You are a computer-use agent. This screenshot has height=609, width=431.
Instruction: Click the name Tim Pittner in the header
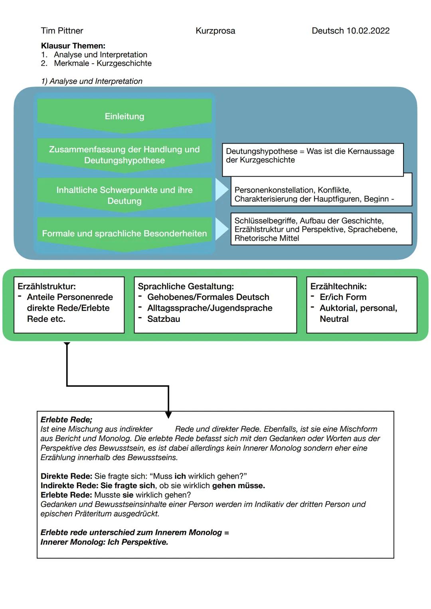(x=62, y=31)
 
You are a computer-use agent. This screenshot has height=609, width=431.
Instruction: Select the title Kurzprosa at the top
(x=215, y=31)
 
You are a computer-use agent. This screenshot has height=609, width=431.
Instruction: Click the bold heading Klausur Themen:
(x=73, y=46)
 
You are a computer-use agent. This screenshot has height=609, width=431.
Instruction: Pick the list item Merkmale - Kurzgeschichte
(x=103, y=63)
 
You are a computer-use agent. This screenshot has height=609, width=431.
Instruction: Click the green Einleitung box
(x=125, y=116)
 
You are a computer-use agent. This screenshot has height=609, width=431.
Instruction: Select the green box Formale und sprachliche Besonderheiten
(x=125, y=233)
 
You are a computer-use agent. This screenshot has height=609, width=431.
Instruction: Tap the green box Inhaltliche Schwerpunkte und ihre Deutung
(x=125, y=195)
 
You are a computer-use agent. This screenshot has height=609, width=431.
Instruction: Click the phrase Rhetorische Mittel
(x=267, y=238)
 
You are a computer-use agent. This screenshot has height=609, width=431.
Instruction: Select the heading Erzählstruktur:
(x=47, y=286)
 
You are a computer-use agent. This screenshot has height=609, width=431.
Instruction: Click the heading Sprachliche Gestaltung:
(x=186, y=286)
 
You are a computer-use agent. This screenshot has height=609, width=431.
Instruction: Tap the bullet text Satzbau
(x=164, y=319)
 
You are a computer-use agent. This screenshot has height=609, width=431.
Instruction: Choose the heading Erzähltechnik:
(x=338, y=286)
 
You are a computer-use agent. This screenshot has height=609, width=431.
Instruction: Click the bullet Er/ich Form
(x=343, y=297)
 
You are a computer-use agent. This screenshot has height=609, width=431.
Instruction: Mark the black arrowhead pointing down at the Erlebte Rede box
(x=168, y=415)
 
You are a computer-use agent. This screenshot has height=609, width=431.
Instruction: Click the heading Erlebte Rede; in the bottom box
(x=66, y=420)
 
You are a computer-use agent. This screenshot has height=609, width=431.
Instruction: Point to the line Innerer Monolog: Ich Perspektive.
(x=104, y=542)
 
